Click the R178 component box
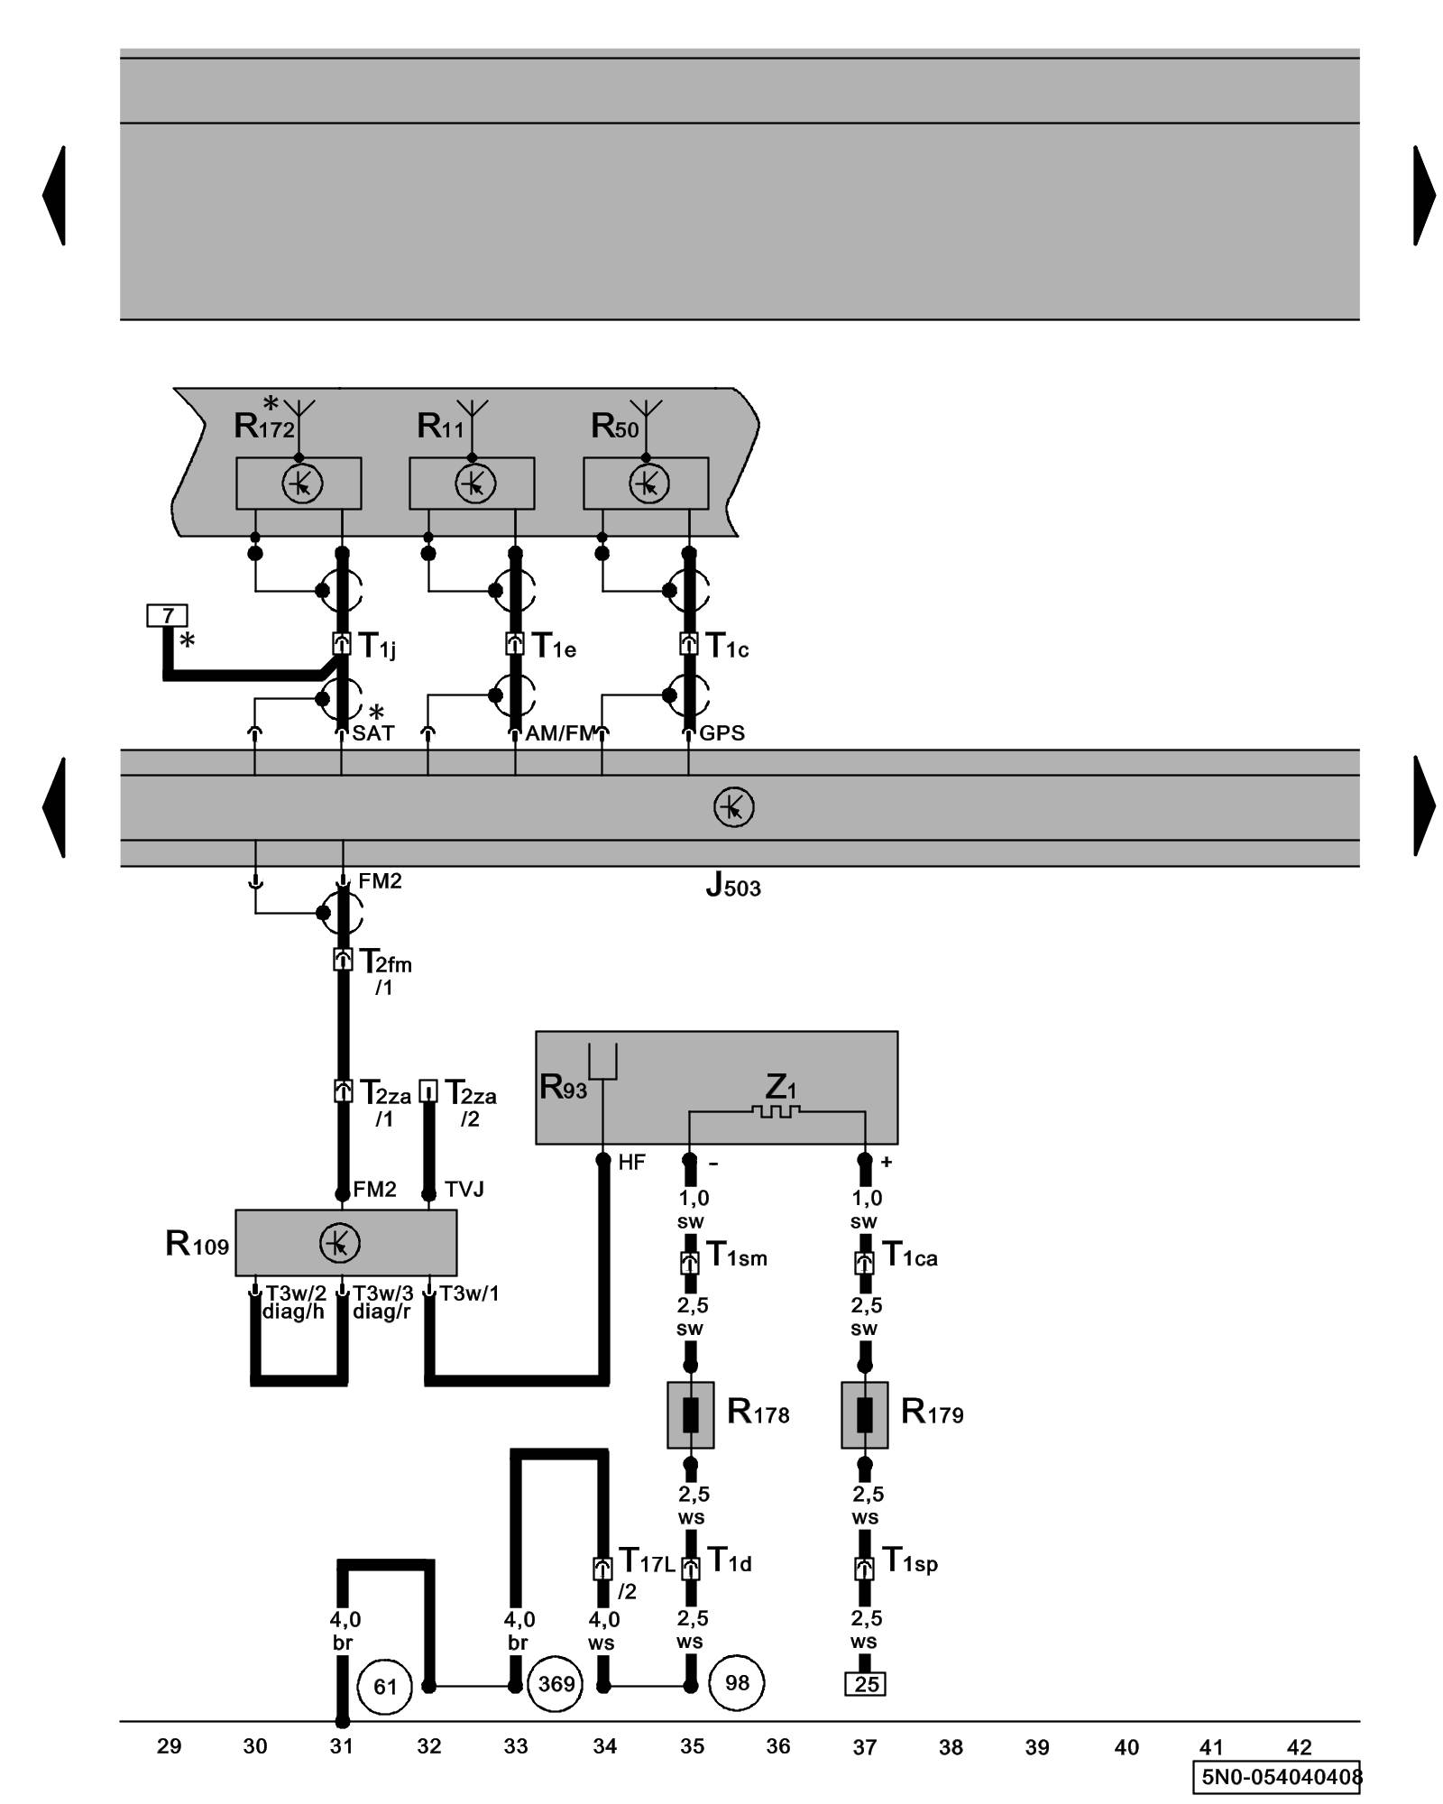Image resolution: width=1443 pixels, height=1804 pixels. (x=690, y=1415)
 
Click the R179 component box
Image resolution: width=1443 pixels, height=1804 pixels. (x=864, y=1415)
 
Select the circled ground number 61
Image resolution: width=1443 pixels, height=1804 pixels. (x=385, y=1686)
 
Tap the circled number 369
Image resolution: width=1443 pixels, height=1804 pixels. (x=556, y=1683)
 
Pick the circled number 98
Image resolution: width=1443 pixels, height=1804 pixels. (x=737, y=1682)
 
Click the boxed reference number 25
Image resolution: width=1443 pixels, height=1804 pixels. (x=865, y=1684)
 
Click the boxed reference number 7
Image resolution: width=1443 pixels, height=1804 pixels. (x=167, y=616)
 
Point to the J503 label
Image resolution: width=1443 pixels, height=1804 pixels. (x=732, y=888)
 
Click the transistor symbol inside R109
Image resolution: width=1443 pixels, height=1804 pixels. (x=340, y=1244)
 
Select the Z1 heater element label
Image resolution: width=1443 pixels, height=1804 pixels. (x=780, y=1086)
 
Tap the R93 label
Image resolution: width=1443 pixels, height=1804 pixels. (x=563, y=1087)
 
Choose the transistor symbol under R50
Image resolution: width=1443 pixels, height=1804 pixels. (x=648, y=484)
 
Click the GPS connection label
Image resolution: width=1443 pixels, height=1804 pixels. (x=722, y=733)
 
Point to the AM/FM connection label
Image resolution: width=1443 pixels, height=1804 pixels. (x=560, y=733)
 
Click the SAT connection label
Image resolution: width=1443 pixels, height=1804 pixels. (x=373, y=733)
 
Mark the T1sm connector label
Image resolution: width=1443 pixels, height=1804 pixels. (x=737, y=1255)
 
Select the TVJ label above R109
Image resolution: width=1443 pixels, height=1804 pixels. (x=464, y=1190)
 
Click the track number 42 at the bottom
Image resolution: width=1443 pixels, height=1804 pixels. (x=1299, y=1747)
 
